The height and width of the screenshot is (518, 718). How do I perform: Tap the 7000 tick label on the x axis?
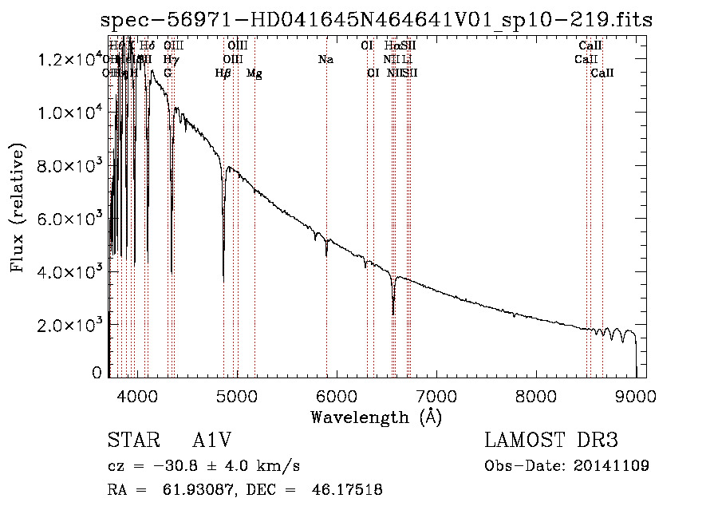pos(436,395)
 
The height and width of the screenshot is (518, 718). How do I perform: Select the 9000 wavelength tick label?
pos(635,395)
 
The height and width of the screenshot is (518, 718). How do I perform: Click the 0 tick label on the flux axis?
pos(97,373)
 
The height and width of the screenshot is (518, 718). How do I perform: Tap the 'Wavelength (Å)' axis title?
pos(376,417)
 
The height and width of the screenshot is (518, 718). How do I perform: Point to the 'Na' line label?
pos(325,60)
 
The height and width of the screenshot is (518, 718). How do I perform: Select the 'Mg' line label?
pos(254,73)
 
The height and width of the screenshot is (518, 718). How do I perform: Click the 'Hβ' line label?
pos(223,73)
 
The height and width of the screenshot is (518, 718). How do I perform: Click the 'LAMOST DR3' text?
pos(551,441)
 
